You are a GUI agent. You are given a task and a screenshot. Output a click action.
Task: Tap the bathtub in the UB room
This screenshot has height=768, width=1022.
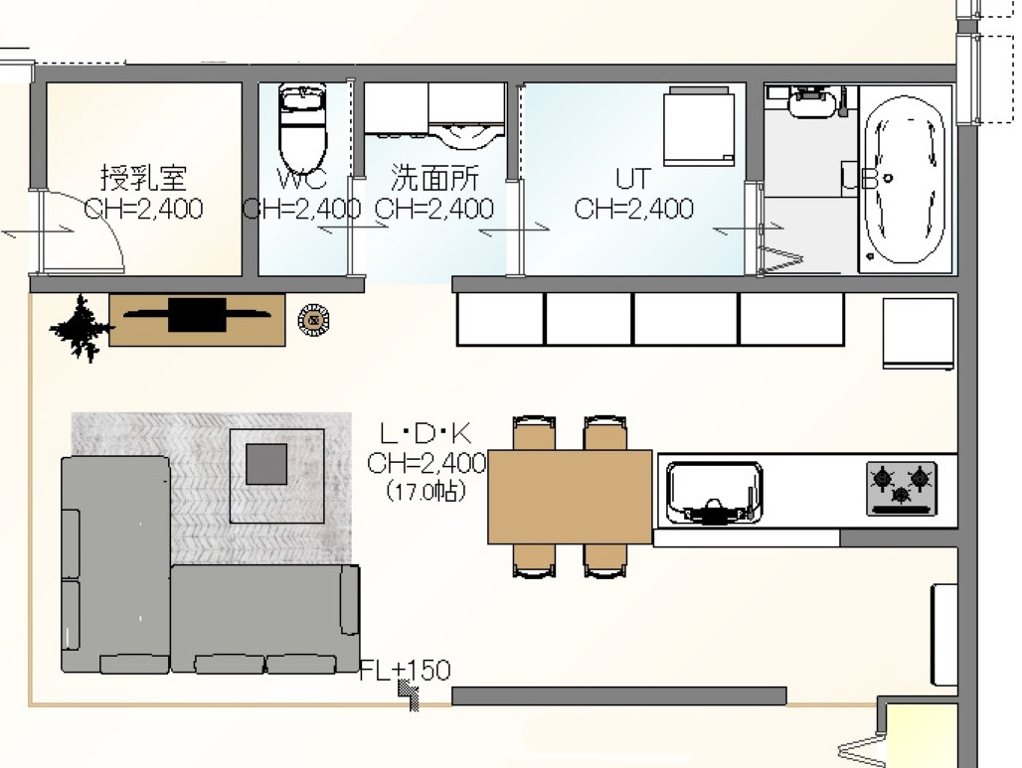tap(904, 179)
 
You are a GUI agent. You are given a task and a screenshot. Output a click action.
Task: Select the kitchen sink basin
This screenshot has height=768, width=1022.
tap(714, 493)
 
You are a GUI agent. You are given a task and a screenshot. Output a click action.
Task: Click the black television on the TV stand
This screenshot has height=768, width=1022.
tap(197, 315)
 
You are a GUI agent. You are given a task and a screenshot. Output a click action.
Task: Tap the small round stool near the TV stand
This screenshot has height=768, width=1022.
tap(313, 321)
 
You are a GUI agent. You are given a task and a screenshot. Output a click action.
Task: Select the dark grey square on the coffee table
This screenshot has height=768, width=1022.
tap(266, 464)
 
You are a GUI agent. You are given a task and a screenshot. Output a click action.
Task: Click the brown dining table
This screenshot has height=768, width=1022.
tap(570, 497)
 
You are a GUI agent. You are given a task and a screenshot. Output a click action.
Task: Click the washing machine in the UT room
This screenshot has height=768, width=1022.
tap(699, 126)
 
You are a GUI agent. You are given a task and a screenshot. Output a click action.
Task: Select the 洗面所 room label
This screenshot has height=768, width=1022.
tap(434, 178)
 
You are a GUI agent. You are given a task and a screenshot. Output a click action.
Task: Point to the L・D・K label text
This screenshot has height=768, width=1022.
tap(425, 433)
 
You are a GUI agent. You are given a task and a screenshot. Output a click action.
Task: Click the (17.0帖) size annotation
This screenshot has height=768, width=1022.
tap(426, 491)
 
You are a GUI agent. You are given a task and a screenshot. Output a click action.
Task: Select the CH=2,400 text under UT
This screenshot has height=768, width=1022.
tap(633, 209)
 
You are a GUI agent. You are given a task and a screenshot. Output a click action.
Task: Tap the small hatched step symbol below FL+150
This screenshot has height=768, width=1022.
tap(409, 695)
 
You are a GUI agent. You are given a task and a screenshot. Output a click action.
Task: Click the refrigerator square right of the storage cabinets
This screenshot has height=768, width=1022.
tap(919, 334)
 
